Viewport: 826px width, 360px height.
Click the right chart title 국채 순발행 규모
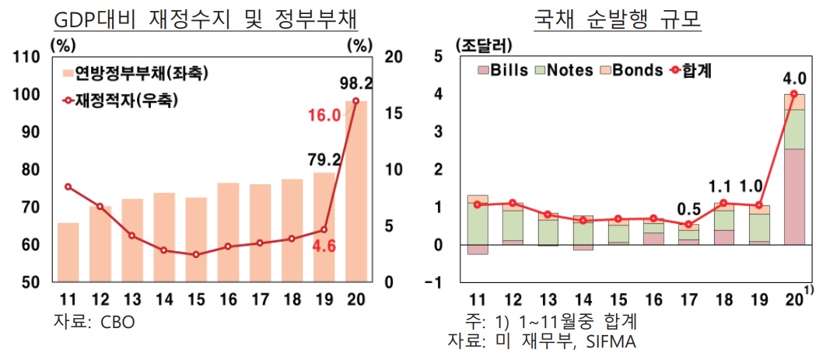[618, 17]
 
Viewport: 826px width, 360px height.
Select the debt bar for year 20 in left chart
[356, 190]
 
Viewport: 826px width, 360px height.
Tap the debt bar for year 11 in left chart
[68, 252]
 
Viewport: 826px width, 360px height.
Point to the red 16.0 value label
[324, 115]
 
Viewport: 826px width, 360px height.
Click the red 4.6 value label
[324, 246]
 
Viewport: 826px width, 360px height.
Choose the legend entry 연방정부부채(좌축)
[136, 74]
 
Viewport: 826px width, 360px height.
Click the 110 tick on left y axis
[26, 57]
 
